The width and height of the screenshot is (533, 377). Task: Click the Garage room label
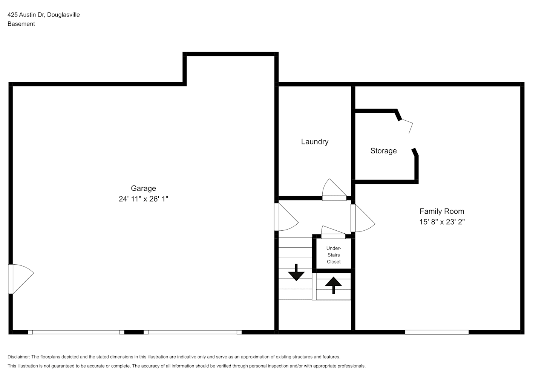point(144,188)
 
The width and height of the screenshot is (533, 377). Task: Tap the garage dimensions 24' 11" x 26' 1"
point(144,199)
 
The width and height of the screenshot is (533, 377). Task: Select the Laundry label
point(315,142)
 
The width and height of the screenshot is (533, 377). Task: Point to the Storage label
point(384,151)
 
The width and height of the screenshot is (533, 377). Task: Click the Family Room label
point(442,211)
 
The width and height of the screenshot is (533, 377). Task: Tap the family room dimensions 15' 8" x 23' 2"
point(442,222)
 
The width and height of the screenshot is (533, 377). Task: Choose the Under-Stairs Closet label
point(334,255)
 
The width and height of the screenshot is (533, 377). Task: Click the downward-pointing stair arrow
point(296,272)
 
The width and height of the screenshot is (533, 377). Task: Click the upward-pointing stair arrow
point(333,285)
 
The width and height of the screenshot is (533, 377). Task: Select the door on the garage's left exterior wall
point(21,279)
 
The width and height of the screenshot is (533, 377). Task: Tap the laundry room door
point(334,190)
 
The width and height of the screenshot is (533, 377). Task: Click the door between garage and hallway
point(286,217)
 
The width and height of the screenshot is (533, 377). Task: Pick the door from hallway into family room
point(363,218)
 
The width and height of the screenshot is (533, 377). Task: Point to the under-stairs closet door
point(333,232)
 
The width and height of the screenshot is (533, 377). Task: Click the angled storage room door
point(406,126)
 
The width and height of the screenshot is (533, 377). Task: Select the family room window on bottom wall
point(437,332)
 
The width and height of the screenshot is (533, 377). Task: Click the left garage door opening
point(76,332)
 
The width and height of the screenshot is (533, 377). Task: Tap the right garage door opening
point(193,332)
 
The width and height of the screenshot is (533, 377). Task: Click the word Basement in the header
point(21,24)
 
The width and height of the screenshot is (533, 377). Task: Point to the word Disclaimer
point(19,357)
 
